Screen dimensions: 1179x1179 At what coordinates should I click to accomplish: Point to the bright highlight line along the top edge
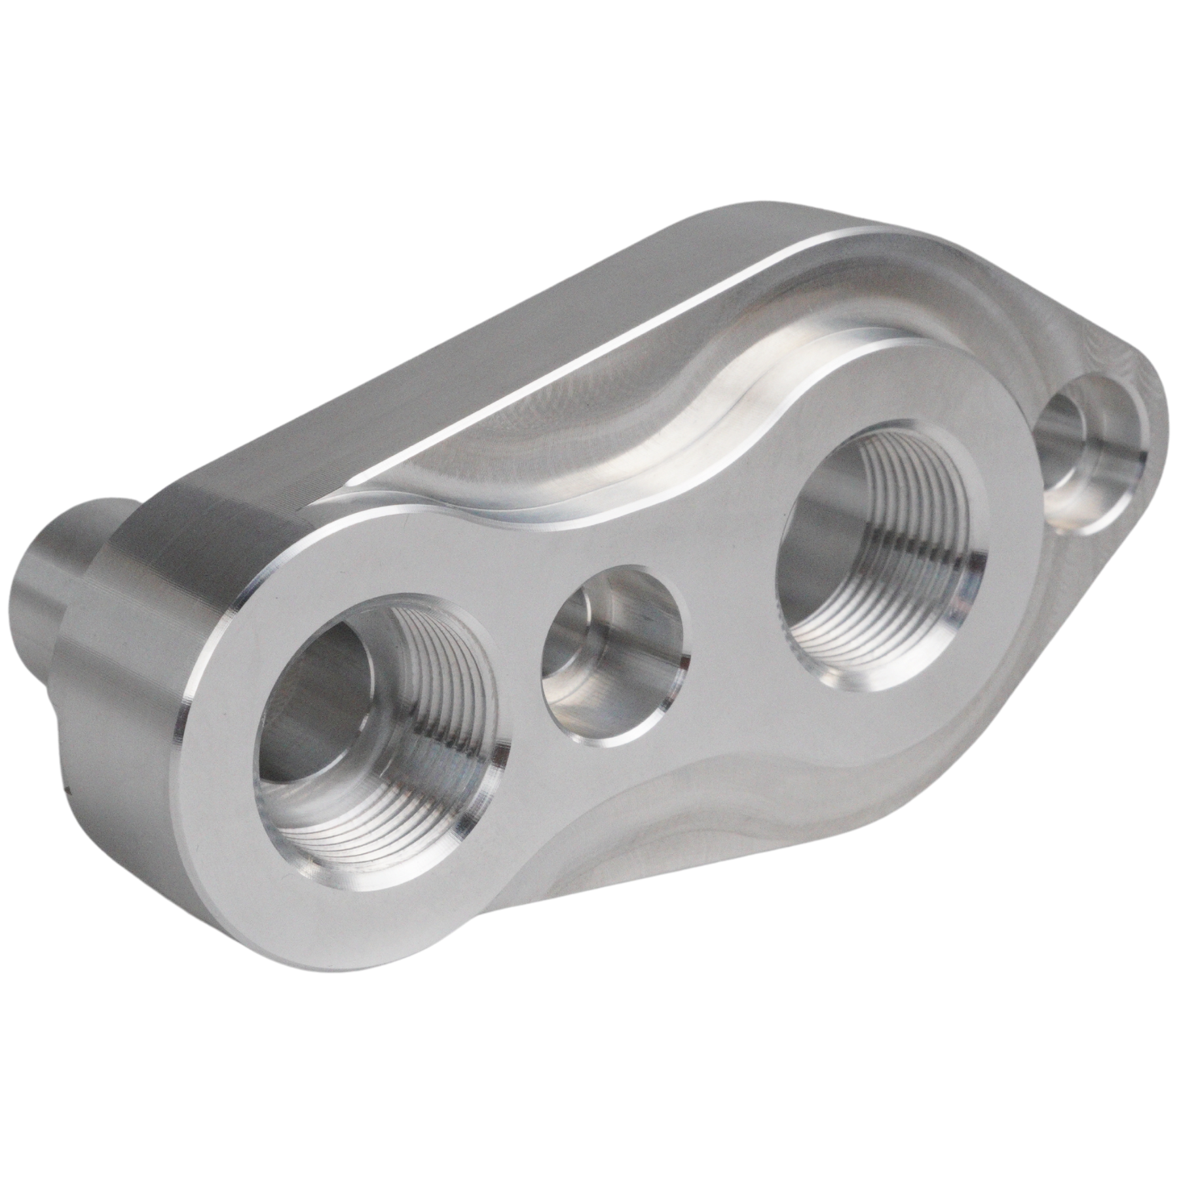[589, 327]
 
